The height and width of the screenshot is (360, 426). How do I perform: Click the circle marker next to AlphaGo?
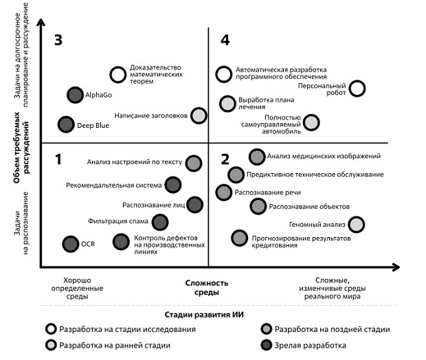[x=75, y=95]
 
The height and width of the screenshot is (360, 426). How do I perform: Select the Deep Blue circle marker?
[x=66, y=125]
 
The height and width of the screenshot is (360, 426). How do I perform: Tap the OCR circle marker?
[x=71, y=244]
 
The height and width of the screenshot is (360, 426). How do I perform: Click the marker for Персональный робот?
[x=357, y=89]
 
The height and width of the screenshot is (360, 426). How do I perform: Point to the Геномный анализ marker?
[x=356, y=225]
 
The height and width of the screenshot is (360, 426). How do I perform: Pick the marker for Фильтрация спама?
[x=159, y=222]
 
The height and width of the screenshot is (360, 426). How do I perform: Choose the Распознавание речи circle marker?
[x=223, y=192]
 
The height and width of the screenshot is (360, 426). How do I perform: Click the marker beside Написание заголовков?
[x=199, y=115]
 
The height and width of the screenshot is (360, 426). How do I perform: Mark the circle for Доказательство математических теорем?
[x=118, y=74]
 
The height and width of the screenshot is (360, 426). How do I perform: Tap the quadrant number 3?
[x=58, y=40]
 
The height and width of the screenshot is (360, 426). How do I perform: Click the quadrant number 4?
[x=225, y=40]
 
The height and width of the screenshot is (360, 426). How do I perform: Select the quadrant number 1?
[x=58, y=159]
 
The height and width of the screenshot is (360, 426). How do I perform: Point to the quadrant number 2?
[x=225, y=159]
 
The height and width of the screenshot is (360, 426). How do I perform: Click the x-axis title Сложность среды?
[x=207, y=288]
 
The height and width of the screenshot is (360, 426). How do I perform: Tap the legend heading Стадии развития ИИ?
[x=204, y=315]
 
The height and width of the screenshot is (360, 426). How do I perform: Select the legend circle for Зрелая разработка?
[x=267, y=345]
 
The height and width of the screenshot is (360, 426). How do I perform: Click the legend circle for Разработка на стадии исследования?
[x=51, y=329]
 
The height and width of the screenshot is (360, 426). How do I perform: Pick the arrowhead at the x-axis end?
[x=396, y=267]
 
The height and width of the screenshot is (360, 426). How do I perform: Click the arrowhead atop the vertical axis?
[x=41, y=22]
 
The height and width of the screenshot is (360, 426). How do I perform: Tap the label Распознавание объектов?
[x=309, y=207]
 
